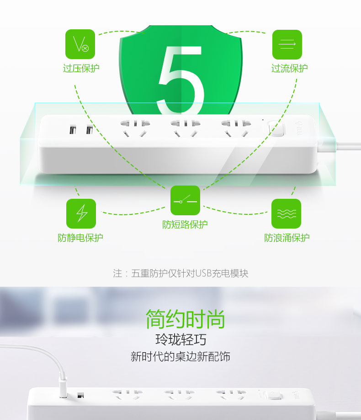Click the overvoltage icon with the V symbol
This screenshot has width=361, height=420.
click(80, 44)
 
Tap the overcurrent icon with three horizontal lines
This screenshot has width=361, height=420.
click(287, 44)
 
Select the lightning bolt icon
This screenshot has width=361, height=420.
click(81, 213)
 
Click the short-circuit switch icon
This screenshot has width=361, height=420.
click(185, 200)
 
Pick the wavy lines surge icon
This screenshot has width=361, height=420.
click(286, 213)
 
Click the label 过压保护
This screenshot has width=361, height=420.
click(81, 68)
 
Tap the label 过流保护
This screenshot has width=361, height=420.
click(289, 68)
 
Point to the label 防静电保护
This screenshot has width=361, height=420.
click(80, 238)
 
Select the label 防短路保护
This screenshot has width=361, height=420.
click(185, 224)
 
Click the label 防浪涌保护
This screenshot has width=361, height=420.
click(287, 238)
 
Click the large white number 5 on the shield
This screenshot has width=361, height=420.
click(180, 80)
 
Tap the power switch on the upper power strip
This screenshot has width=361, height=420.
click(276, 128)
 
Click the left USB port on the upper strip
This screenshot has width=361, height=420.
click(72, 130)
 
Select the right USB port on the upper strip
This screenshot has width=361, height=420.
click(89, 130)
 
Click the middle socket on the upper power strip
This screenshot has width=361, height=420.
click(186, 128)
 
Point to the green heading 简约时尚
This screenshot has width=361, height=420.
click(185, 319)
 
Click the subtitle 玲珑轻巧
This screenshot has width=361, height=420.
click(180, 340)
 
